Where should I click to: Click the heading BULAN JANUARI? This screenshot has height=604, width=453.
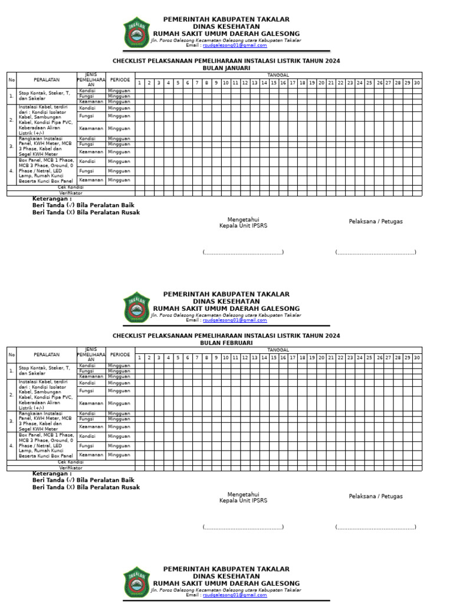226,68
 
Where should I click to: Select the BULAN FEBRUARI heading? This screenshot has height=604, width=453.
226,343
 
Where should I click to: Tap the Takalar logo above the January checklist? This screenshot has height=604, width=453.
137,32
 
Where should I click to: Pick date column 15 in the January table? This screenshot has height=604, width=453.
274,83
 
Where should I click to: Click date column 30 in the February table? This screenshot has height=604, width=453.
417,358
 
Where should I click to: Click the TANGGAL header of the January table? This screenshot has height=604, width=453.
278,75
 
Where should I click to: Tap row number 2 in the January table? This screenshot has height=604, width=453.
11,120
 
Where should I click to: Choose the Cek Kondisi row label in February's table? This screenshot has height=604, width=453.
71,462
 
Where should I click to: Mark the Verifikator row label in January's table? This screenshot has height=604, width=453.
71,193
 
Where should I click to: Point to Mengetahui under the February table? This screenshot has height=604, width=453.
243,494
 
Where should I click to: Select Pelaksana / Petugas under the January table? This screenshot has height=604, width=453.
376,222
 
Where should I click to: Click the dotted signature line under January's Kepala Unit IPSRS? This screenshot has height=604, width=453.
243,252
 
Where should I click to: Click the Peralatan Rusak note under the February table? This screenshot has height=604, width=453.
86,487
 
